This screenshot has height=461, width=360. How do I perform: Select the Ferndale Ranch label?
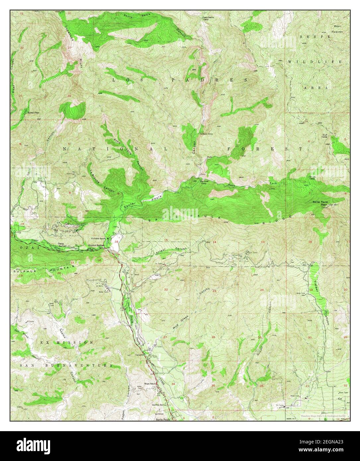(x=99, y=238)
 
